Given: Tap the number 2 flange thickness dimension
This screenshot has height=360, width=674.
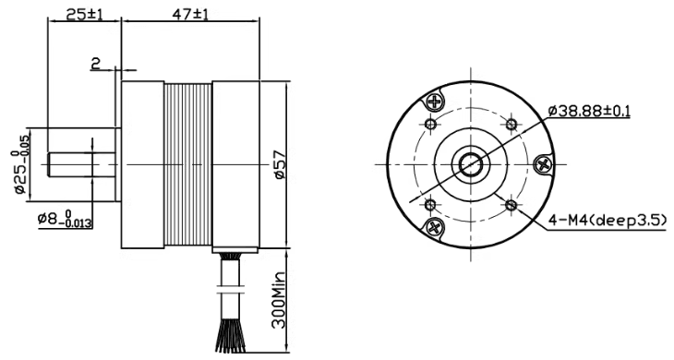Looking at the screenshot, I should pyautogui.click(x=95, y=64).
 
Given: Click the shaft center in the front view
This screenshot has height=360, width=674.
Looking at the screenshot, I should pyautogui.click(x=471, y=165).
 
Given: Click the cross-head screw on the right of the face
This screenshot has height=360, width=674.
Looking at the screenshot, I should pyautogui.click(x=544, y=164).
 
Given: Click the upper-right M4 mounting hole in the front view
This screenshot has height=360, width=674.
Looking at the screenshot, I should pyautogui.click(x=512, y=125).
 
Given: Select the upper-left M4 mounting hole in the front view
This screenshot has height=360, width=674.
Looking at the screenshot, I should pyautogui.click(x=430, y=125).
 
